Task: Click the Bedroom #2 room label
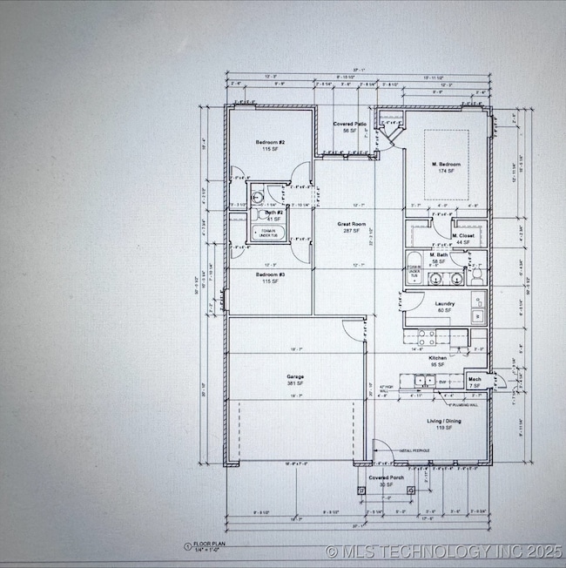(270, 142)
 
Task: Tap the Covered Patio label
(352, 125)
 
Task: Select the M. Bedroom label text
(447, 165)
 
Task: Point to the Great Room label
(352, 224)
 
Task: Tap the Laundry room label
(444, 303)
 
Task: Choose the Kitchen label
(438, 358)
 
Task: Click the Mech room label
(475, 379)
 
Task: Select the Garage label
(294, 377)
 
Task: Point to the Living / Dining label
(443, 421)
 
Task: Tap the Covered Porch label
(384, 478)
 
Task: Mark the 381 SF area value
(294, 384)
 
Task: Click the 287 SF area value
(352, 231)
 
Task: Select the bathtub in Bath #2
(266, 231)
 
